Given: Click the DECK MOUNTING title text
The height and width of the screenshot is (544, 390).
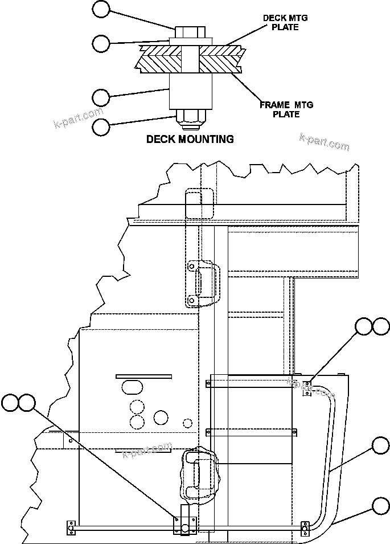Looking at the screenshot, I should (190, 139).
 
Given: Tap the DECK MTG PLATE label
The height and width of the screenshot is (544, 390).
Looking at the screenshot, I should (285, 23).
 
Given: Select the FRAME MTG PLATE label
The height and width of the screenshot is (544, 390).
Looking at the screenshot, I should (286, 109).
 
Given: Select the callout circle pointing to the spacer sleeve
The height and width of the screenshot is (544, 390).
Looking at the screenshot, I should (101, 97).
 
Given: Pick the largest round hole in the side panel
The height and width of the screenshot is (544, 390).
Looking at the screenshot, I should (161, 418).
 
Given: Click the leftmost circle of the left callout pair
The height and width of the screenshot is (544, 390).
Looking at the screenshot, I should (10, 403).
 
